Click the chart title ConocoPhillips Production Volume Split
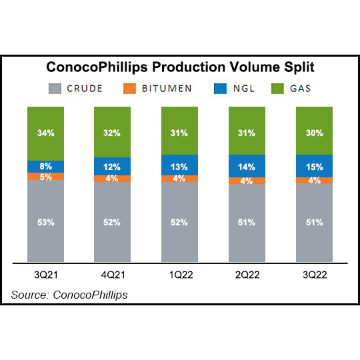(x=180, y=68)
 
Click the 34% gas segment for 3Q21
(x=46, y=133)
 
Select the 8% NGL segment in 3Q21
(x=46, y=167)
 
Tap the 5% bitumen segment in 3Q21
(x=46, y=177)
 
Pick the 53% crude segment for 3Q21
(x=46, y=221)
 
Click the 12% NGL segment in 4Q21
(x=113, y=166)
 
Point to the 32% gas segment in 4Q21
(x=113, y=132)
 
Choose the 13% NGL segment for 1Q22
(x=180, y=166)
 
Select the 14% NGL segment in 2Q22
(x=247, y=167)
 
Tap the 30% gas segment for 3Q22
(x=314, y=132)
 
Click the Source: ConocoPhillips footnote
(x=69, y=294)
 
